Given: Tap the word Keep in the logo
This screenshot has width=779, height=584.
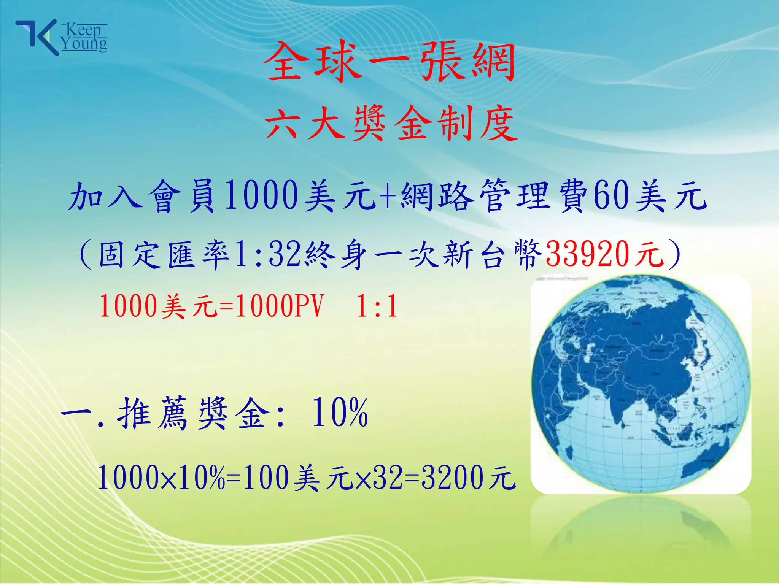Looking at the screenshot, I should pos(84,30).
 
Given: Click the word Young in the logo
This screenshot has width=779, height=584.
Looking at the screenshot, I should pos(84,44).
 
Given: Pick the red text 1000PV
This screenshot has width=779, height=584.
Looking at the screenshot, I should pos(280,306).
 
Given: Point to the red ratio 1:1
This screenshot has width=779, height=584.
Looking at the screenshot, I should pos(377,306).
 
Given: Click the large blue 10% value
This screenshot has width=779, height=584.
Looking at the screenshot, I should pos(340,413).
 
